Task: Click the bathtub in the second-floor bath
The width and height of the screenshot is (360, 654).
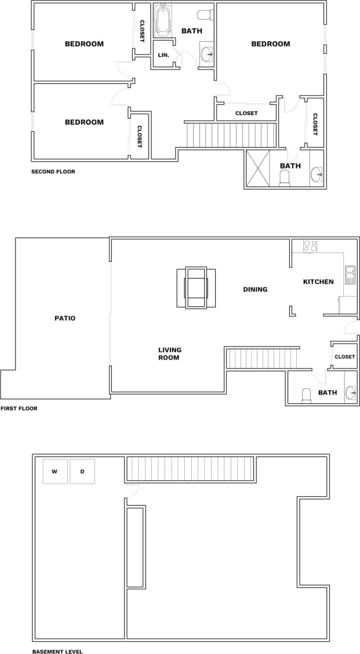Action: click(x=162, y=21)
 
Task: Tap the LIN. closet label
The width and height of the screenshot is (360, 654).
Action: click(x=163, y=55)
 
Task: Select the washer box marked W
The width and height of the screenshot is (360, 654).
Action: click(x=55, y=472)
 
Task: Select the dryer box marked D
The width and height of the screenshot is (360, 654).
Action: click(x=82, y=472)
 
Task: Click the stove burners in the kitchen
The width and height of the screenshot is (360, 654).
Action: click(x=310, y=246)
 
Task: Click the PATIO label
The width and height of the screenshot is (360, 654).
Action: click(x=65, y=318)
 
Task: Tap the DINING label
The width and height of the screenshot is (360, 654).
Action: click(x=255, y=289)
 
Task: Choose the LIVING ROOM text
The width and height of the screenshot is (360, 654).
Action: click(x=170, y=353)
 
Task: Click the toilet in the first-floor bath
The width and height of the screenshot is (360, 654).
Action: click(x=306, y=395)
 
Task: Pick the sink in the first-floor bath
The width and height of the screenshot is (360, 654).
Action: click(x=351, y=393)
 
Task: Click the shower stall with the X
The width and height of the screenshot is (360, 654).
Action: click(x=259, y=169)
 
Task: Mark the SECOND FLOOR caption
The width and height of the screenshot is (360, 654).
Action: click(x=53, y=171)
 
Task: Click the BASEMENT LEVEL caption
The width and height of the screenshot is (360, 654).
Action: click(x=57, y=652)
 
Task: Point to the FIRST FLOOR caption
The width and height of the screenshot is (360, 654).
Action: click(x=19, y=408)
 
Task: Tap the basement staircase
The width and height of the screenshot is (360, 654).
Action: click(x=190, y=469)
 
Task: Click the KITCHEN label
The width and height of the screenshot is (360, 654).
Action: click(x=318, y=282)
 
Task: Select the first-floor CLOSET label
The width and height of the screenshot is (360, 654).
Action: click(x=344, y=357)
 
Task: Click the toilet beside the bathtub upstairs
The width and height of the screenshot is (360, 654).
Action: click(x=204, y=15)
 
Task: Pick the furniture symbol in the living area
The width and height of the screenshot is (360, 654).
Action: click(x=196, y=287)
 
